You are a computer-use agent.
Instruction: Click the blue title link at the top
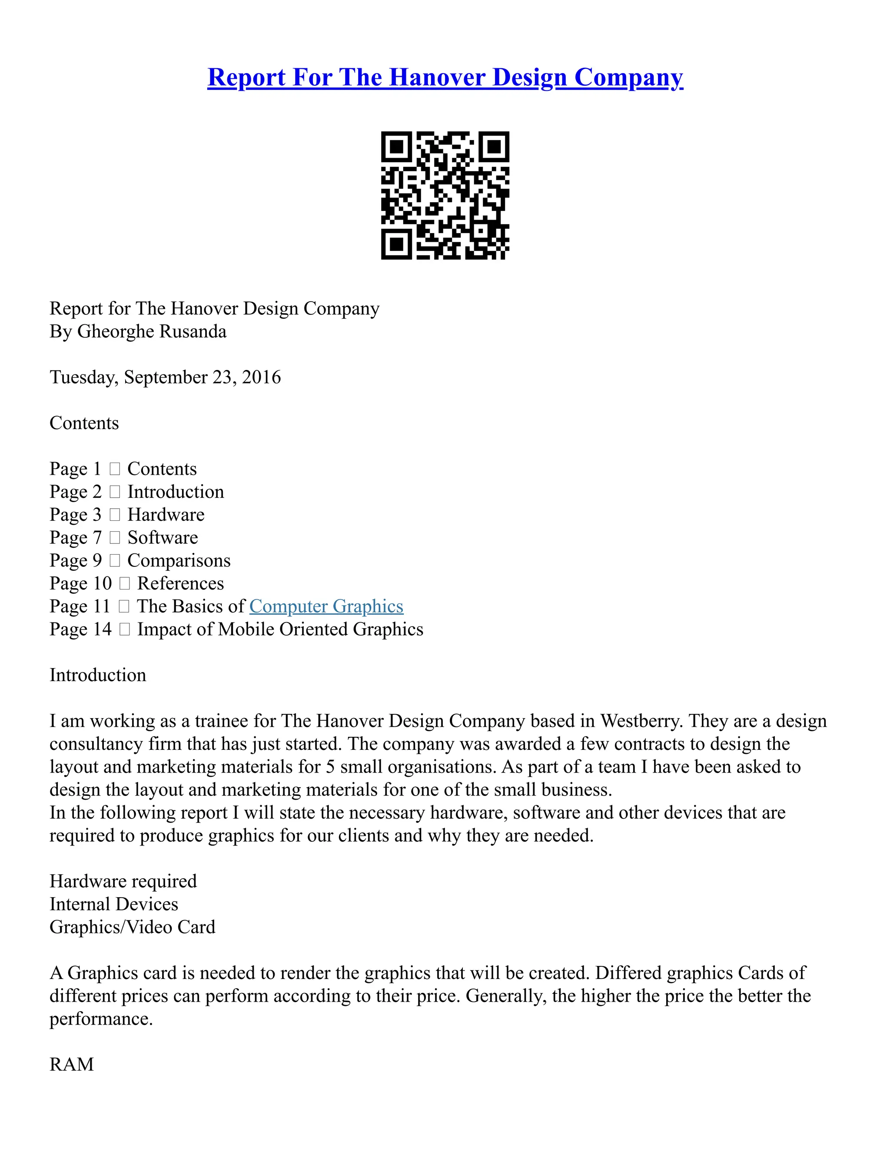[x=445, y=77]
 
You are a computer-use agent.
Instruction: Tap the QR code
[x=445, y=195]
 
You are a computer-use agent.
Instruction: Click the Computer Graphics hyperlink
[x=326, y=606]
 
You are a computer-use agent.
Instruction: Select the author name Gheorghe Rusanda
[x=152, y=331]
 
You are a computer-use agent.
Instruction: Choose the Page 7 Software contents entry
[x=124, y=537]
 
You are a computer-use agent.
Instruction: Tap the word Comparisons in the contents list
[x=179, y=560]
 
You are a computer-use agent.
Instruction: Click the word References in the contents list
[x=180, y=583]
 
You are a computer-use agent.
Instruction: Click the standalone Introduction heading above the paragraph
[x=97, y=675]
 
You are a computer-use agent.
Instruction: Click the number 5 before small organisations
[x=330, y=766]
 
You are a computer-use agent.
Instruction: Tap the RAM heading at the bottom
[x=72, y=1065]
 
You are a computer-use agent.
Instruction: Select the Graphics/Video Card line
[x=133, y=927]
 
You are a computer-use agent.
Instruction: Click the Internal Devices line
[x=114, y=904]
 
